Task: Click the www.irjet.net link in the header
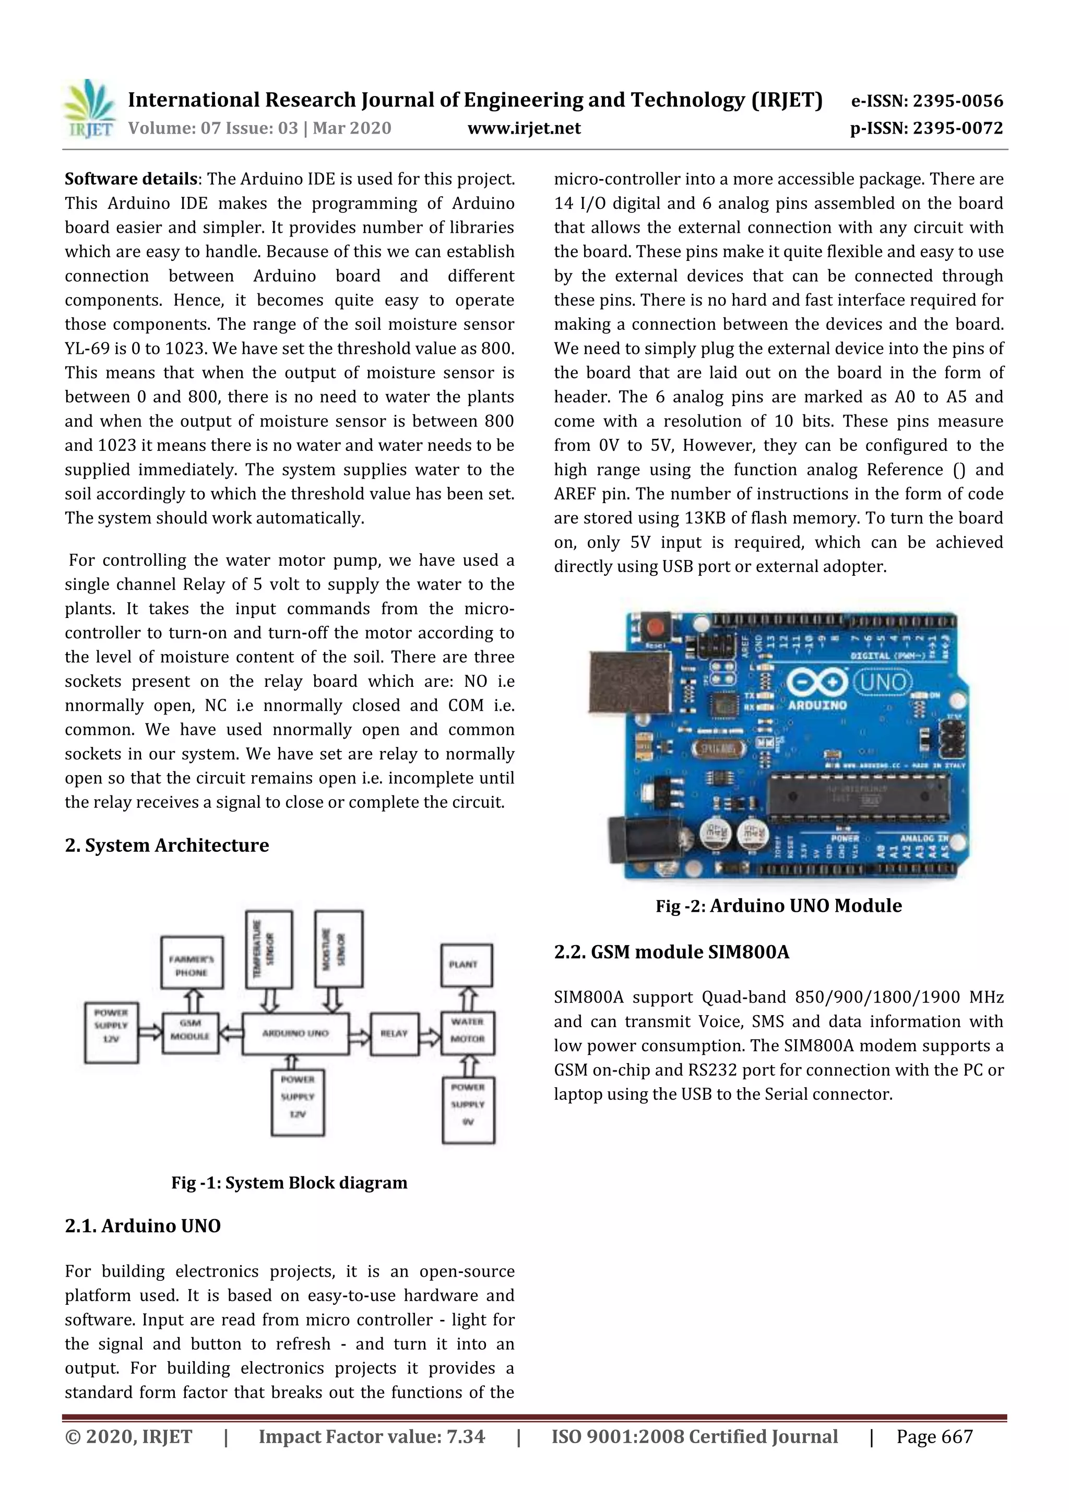524,128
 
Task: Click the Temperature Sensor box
269,948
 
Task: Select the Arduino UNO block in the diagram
295,1033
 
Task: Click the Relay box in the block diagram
394,1033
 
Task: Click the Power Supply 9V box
468,1110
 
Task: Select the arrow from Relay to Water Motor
430,1034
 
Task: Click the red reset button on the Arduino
656,626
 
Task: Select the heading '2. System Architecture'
167,846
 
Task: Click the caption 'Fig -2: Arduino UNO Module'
779,906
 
